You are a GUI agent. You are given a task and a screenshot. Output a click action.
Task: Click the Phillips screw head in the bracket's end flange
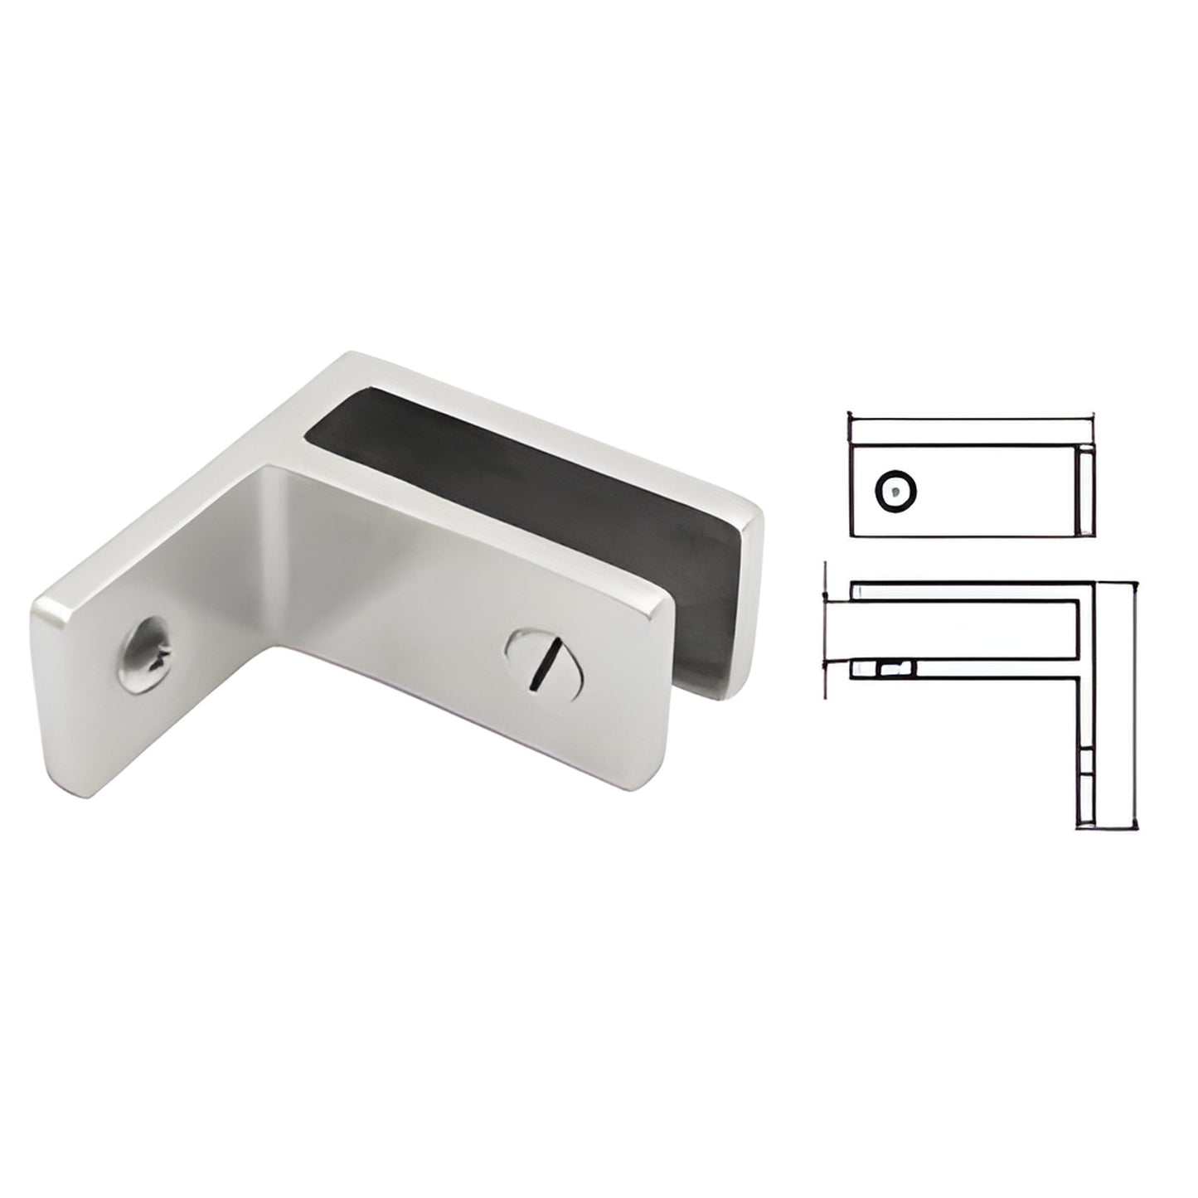(x=148, y=654)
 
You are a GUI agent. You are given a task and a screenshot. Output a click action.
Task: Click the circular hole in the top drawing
(x=896, y=492)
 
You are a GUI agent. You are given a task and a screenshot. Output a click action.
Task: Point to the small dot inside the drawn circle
(x=894, y=492)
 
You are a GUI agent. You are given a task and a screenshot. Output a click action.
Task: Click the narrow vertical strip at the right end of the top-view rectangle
(x=1085, y=490)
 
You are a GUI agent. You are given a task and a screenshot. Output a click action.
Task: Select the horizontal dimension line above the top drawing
(x=970, y=414)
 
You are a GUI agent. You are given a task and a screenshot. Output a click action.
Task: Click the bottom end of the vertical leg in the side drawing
(x=1088, y=825)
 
